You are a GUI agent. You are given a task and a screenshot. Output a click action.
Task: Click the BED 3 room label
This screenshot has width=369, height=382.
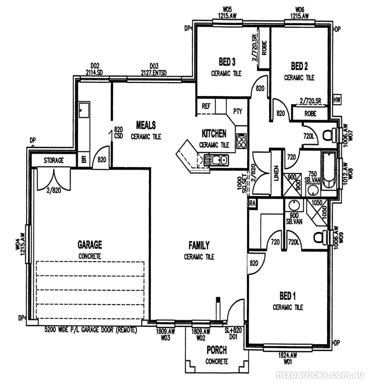coord(227,62)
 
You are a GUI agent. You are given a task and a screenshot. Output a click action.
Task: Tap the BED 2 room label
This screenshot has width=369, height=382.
coord(299,65)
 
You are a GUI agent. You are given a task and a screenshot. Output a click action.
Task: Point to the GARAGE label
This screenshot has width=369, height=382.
coord(90,245)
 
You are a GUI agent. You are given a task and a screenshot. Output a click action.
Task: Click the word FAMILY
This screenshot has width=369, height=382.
coord(199,245)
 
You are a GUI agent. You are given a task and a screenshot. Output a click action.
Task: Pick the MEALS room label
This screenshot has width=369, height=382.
coord(146,125)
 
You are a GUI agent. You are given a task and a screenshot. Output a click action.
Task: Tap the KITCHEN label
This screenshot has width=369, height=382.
coord(214,134)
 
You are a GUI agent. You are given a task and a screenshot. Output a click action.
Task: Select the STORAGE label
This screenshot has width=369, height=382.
coord(53,160)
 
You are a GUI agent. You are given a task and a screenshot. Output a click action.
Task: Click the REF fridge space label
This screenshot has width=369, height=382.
coord(206,106)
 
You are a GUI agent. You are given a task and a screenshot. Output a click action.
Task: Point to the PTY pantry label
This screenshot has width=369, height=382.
coord(237,111)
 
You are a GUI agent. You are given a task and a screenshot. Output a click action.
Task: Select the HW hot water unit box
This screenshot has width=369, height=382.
coord(337,100)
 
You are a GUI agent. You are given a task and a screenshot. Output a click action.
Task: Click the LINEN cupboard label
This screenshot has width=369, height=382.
coord(275,172)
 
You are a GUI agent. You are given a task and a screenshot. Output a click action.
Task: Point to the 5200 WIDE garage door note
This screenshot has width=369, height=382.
coord(91,330)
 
